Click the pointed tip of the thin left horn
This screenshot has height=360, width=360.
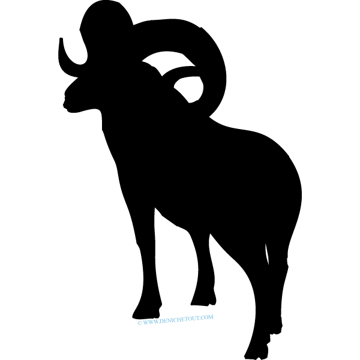click(61, 38)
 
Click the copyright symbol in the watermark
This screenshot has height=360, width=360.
click(139, 323)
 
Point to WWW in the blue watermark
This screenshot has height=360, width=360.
click(150, 322)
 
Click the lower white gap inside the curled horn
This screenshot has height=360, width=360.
click(189, 89)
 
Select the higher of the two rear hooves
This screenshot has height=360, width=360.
click(275, 326)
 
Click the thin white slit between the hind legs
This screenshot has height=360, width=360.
click(267, 254)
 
